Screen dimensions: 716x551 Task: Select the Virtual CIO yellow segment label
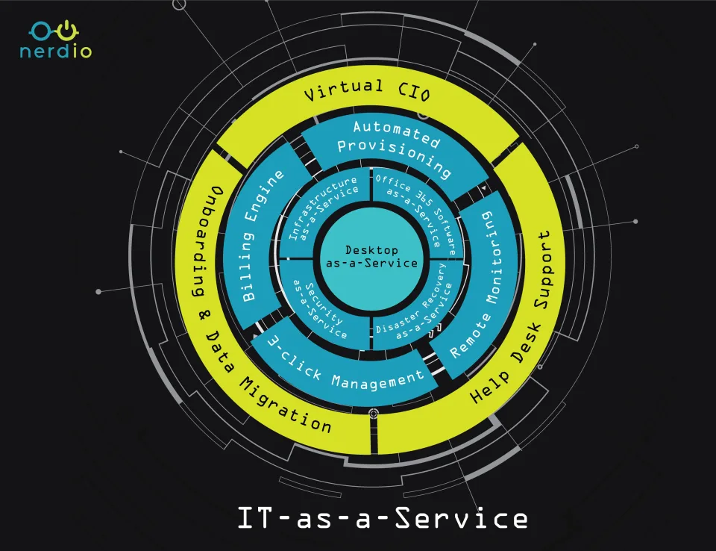(x=367, y=90)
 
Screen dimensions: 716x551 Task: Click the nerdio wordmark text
(x=56, y=51)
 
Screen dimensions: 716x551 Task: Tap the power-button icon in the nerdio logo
(x=67, y=30)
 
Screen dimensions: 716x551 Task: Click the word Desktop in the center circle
(x=371, y=250)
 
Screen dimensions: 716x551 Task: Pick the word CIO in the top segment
(x=414, y=90)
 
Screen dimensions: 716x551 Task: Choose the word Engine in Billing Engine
(x=266, y=196)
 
